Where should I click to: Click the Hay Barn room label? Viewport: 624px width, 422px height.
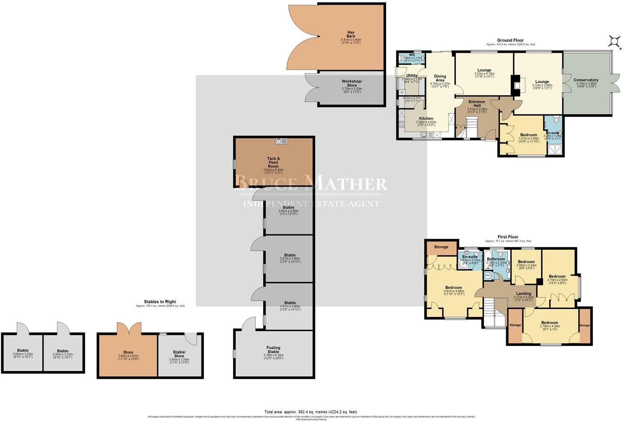tap(351, 34)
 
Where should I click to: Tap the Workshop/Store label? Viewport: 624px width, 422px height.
tap(351, 83)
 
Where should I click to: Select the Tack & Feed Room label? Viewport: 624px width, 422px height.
tap(273, 162)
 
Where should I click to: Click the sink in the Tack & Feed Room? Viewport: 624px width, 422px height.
tap(282, 141)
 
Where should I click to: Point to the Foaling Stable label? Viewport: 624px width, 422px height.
tap(273, 350)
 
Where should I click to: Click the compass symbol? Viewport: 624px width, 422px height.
tap(615, 41)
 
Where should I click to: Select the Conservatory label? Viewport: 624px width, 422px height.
tap(586, 80)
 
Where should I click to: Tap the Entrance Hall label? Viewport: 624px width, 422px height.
tap(477, 104)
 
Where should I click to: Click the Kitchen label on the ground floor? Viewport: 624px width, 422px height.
tap(426, 119)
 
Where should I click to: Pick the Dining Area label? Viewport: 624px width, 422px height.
tap(440, 78)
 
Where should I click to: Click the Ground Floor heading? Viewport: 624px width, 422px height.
tap(510, 40)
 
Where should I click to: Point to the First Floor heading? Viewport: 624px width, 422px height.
tap(508, 237)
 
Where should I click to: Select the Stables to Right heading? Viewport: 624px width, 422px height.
tap(160, 302)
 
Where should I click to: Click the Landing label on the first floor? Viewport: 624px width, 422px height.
tap(523, 293)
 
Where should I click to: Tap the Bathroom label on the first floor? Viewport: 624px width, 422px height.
tap(496, 259)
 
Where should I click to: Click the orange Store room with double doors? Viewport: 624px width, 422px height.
tap(128, 355)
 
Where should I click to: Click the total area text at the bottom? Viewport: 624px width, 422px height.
tap(311, 412)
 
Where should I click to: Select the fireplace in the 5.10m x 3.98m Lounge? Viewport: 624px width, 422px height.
tap(517, 85)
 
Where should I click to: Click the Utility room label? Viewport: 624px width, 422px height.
tap(411, 76)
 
